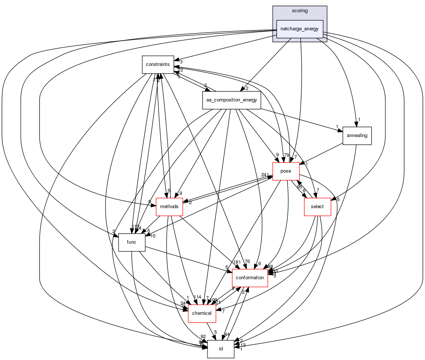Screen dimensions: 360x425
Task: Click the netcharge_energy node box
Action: (x=300, y=29)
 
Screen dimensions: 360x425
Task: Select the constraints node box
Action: (x=158, y=64)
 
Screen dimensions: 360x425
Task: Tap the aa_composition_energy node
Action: (x=232, y=100)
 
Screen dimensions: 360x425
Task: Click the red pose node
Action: (x=286, y=171)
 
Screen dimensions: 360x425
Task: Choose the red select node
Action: (x=317, y=207)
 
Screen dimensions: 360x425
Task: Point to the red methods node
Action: (x=169, y=207)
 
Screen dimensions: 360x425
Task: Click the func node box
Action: (x=132, y=242)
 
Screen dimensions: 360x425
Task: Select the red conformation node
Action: (x=250, y=278)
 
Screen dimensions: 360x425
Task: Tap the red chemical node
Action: (x=202, y=313)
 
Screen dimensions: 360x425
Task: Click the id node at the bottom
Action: (x=220, y=349)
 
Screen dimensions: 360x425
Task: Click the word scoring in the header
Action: (x=300, y=11)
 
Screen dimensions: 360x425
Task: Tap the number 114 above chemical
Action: (x=197, y=297)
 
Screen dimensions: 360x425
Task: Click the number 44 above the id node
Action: (x=227, y=334)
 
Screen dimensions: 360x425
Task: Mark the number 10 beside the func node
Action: (x=152, y=236)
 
